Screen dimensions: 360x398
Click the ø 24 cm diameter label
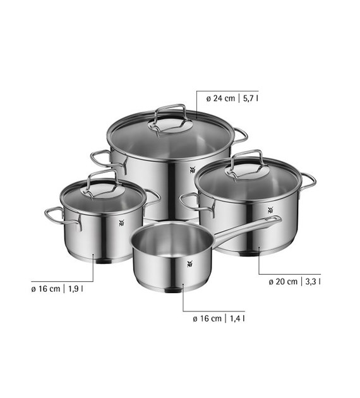click(x=220, y=98)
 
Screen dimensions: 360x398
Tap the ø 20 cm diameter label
click(x=283, y=282)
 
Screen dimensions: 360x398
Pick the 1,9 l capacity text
click(x=76, y=289)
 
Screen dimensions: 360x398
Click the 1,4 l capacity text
click(x=237, y=318)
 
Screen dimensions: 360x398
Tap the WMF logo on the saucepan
click(x=189, y=264)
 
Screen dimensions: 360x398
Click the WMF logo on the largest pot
click(x=193, y=170)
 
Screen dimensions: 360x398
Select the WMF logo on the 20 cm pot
click(x=271, y=210)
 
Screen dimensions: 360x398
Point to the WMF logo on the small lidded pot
click(x=122, y=223)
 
